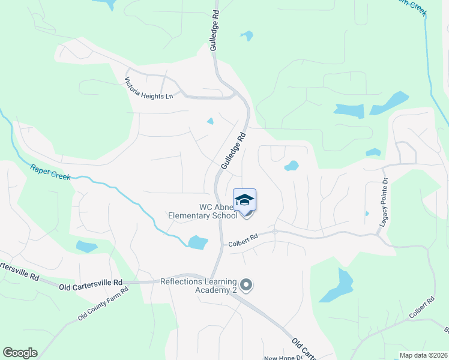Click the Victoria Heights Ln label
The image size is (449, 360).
(x=149, y=88)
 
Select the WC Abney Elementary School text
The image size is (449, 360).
(x=211, y=212)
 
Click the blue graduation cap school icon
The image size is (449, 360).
(x=244, y=199)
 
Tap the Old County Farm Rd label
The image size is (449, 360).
(x=103, y=303)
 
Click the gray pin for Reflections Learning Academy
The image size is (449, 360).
(x=245, y=285)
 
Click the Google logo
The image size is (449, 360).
(x=20, y=353)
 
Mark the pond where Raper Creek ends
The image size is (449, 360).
(x=197, y=242)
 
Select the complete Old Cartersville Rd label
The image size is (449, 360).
(x=91, y=282)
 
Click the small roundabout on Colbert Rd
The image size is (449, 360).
(x=274, y=231)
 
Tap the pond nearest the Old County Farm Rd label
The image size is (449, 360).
(x=86, y=247)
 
